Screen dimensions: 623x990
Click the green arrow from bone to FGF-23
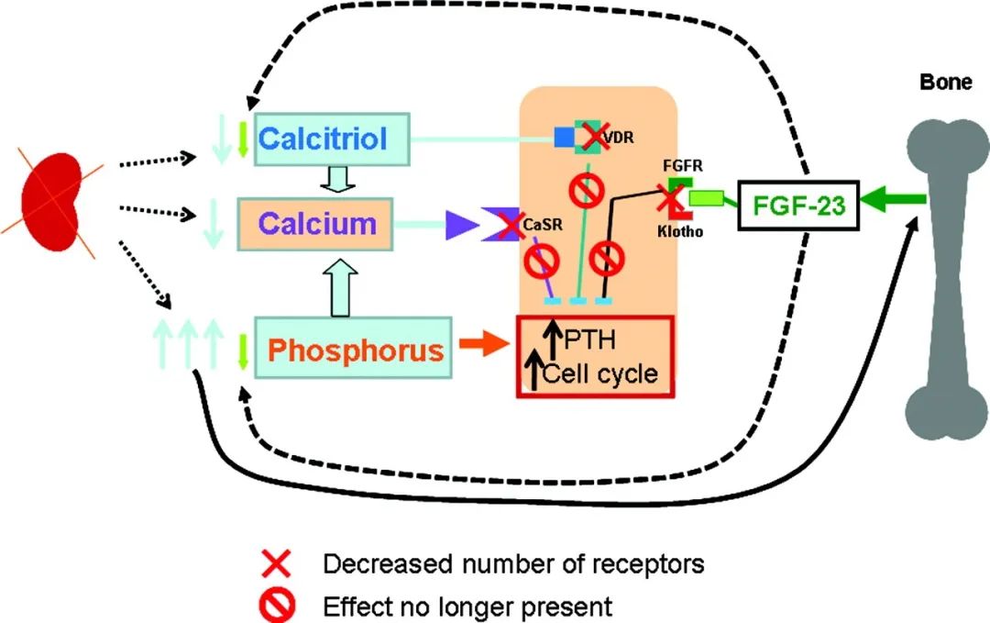click(x=894, y=199)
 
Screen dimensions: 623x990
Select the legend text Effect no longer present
click(x=467, y=606)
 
